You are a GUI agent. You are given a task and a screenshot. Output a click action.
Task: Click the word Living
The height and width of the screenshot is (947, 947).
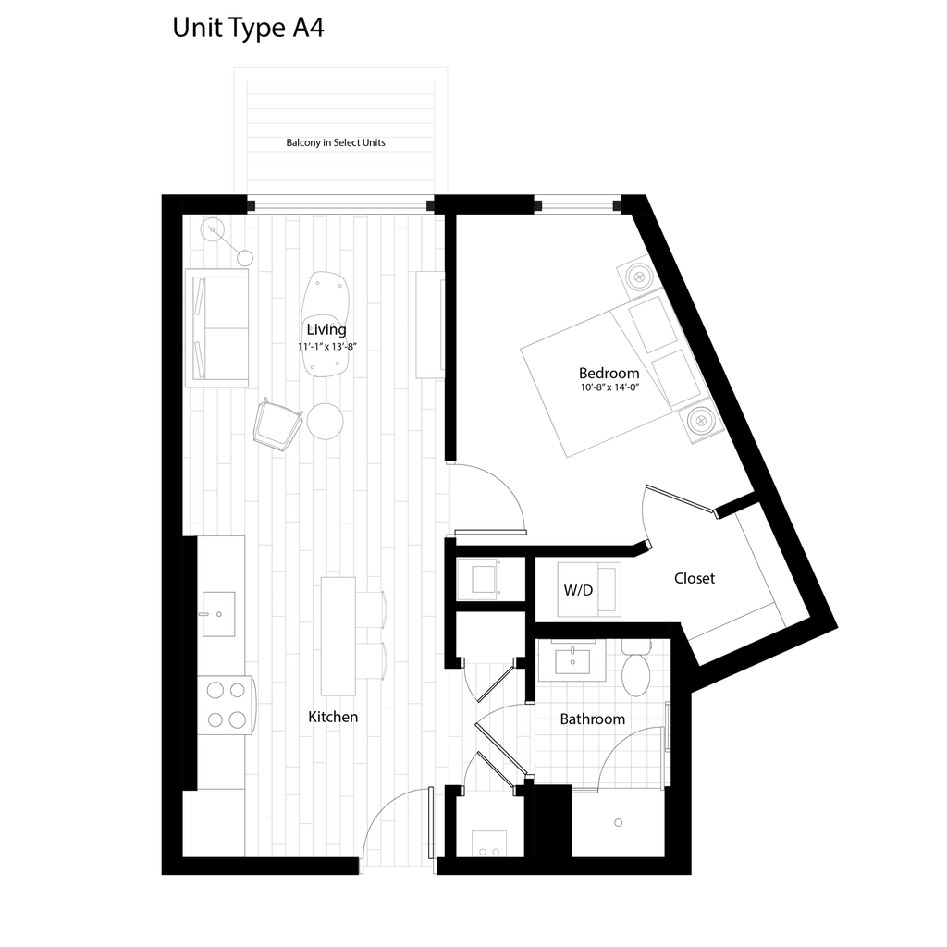pos(326,329)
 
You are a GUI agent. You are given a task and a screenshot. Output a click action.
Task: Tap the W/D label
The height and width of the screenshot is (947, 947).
pos(578,590)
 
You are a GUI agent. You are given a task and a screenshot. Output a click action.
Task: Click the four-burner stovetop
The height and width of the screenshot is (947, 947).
pos(225,704)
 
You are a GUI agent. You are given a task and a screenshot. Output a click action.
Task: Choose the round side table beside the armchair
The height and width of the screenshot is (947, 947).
pos(326,421)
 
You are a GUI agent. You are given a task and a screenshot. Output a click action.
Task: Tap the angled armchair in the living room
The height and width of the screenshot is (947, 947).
pos(277,425)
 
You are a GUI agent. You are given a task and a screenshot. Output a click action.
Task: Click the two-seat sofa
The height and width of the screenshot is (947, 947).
pos(218,327)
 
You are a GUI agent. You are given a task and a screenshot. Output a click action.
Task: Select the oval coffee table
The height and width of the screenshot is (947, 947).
pos(326,324)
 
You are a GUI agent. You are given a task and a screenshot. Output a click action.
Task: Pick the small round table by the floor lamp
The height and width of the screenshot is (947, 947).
pos(244,258)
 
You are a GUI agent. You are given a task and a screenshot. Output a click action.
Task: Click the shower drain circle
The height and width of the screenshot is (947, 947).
pos(618,821)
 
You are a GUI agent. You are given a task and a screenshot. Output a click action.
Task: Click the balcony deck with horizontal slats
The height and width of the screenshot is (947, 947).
pos(339,134)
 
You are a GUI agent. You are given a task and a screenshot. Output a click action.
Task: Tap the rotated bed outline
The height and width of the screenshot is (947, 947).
pos(592,384)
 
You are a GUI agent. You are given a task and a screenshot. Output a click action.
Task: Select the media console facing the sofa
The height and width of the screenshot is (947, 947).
pos(429,325)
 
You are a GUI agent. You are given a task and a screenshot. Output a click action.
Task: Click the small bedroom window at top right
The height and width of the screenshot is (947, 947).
pos(577,203)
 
